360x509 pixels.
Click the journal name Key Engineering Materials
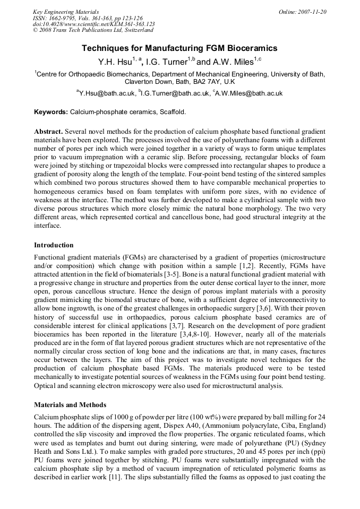[65, 12]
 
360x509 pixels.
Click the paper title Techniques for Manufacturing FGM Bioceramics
[179, 48]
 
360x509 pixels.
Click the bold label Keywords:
[51, 112]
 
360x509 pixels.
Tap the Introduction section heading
[54, 245]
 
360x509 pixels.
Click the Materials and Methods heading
[70, 405]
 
